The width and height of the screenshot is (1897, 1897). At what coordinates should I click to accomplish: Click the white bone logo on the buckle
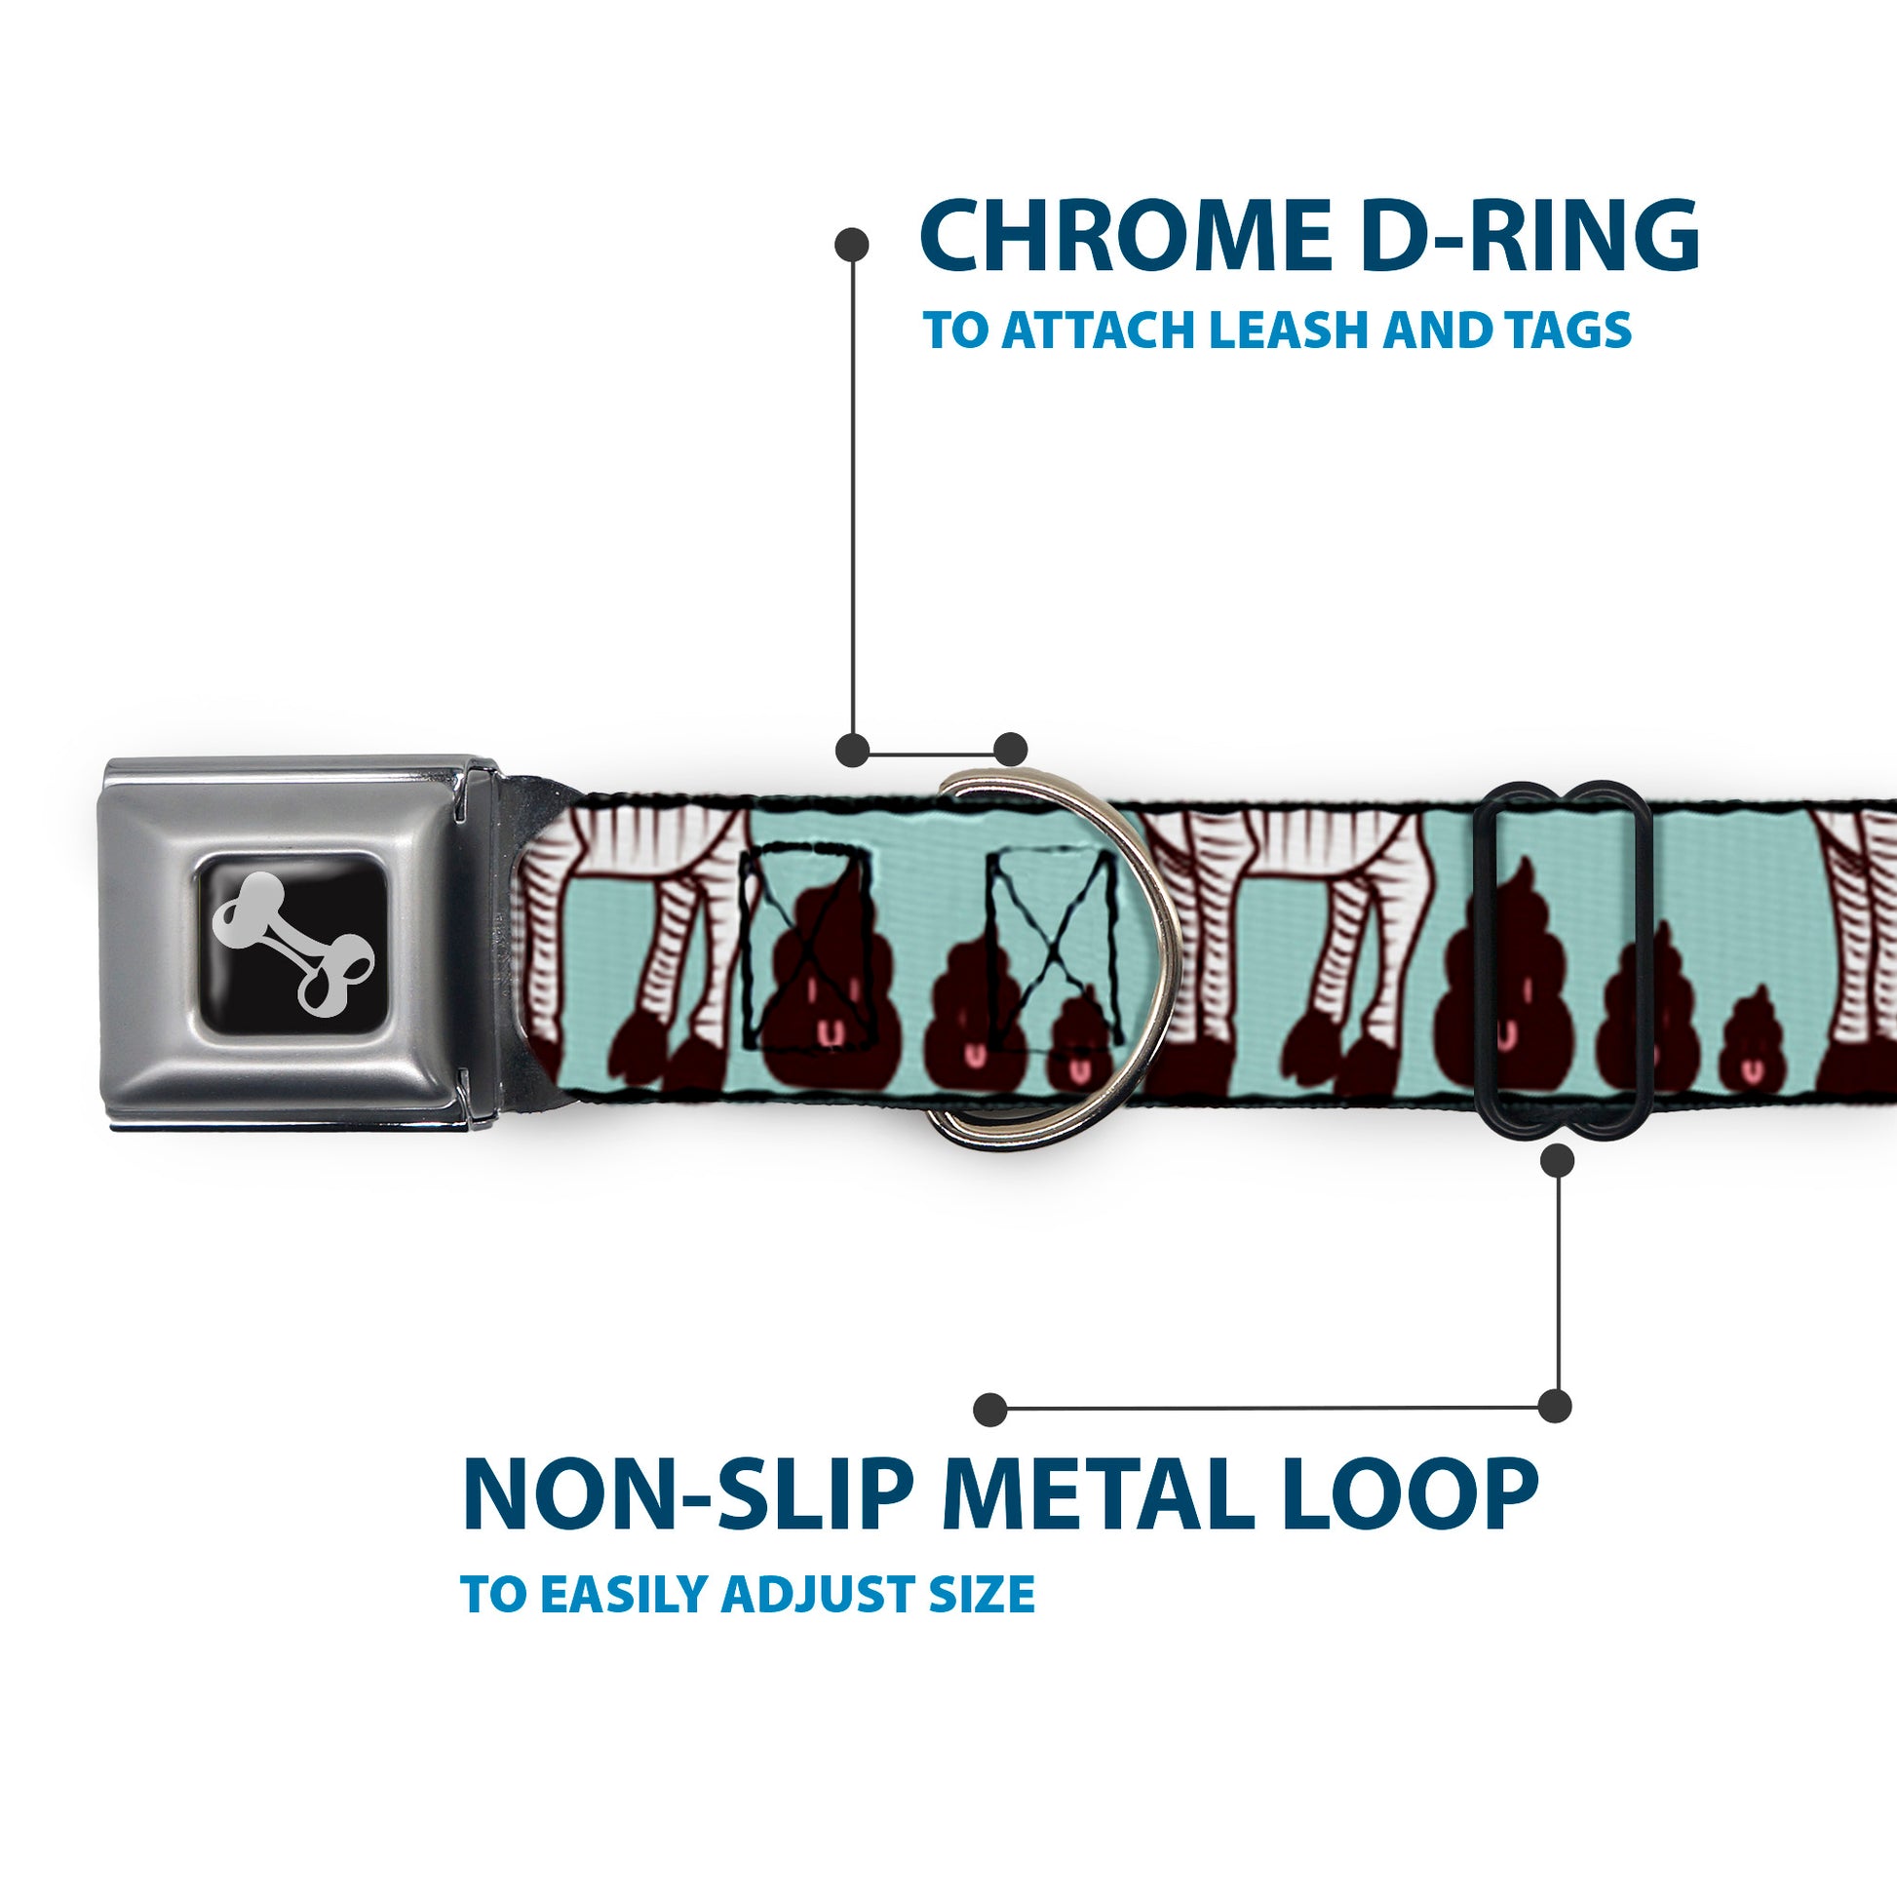pos(293,945)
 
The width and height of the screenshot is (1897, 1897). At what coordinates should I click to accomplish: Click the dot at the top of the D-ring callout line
pos(851,245)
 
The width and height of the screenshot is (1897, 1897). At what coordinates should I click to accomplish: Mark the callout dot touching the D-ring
pos(1010,750)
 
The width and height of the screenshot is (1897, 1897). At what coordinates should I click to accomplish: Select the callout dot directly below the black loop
pos(1557,1161)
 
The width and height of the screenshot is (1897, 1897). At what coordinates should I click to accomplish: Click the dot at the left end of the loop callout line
pos(989,1409)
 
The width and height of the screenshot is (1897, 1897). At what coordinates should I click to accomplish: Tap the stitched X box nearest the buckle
pos(805,948)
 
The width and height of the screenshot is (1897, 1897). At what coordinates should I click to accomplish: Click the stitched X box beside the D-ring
pos(1055,948)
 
